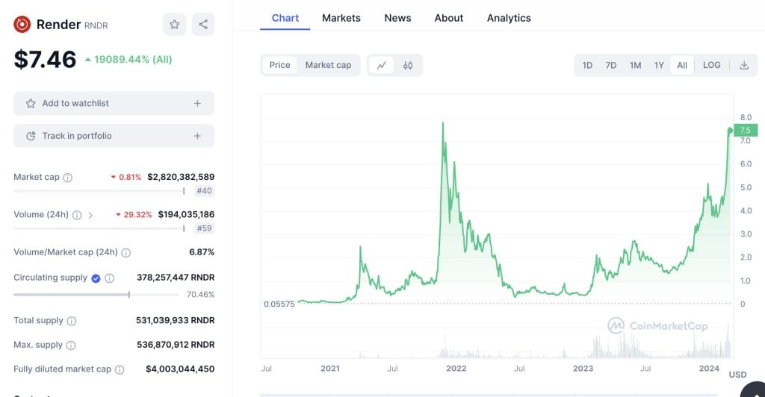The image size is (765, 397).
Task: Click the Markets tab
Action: pos(341,18)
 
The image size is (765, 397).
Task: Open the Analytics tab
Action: pos(509,18)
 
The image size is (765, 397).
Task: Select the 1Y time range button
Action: pos(659,66)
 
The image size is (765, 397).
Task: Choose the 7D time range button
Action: pos(611,66)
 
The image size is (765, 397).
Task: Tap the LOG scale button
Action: pos(711,66)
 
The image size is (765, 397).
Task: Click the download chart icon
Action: pos(744,66)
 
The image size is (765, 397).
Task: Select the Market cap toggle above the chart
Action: pos(328,66)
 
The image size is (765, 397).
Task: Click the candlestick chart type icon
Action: pos(408,66)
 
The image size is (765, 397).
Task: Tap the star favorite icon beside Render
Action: pos(174,25)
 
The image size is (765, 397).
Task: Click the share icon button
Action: pos(203,25)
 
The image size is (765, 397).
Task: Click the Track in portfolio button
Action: pos(114,136)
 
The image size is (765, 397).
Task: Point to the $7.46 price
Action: pos(45,60)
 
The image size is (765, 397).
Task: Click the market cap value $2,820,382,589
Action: pos(181,177)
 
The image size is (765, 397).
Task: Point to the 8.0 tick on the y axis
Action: pos(746,117)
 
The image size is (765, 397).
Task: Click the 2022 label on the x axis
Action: pos(456,369)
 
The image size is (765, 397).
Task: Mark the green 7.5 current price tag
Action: pos(746,131)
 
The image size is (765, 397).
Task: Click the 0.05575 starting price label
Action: pos(279,304)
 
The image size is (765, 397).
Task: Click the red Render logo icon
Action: pos(22,25)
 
